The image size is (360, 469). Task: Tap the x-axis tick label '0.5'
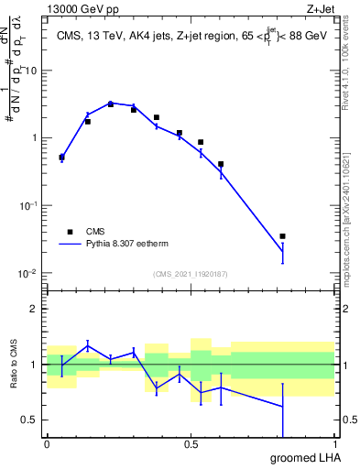(191, 444)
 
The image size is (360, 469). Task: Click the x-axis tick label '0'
(47, 444)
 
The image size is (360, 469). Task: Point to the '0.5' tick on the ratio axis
(31, 420)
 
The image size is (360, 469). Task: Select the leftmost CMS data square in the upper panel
(61, 157)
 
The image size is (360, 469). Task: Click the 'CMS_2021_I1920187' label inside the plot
(190, 274)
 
